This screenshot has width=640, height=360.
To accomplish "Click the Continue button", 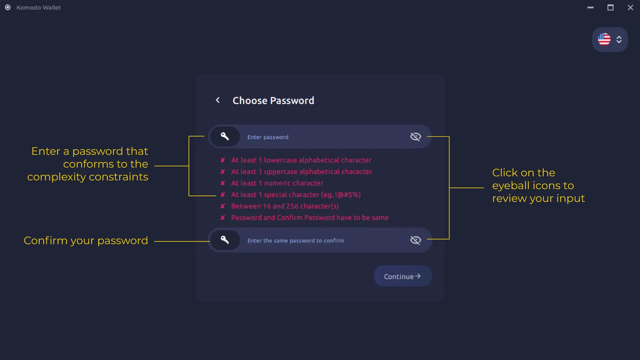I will pos(402,276).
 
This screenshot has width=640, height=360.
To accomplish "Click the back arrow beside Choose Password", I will pos(218,100).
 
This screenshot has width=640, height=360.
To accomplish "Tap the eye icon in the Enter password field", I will pos(415,137).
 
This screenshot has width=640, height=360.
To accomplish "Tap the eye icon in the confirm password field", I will pos(415,240).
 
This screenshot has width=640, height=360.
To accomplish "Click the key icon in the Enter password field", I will pos(225,136).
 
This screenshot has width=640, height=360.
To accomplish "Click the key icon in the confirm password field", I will pos(225,240).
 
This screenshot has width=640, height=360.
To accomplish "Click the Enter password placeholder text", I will pos(268,137).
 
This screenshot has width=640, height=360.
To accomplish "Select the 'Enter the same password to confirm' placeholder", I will pos(295,240).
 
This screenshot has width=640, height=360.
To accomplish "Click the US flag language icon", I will pos(604,39).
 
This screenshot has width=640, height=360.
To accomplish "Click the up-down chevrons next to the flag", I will pos(619,40).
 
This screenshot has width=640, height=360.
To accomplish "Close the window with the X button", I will pos(630,7).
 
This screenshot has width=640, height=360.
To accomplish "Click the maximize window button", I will pos(610,7).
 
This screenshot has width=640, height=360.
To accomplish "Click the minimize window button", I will pos(590,7).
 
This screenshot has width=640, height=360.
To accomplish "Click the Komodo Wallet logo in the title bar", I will pos(8,7).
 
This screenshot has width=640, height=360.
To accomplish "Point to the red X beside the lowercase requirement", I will pos(223,160).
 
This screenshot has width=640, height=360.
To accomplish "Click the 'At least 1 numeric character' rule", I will pos(277,183).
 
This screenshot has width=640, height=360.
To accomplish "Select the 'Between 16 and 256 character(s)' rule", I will pos(285,206).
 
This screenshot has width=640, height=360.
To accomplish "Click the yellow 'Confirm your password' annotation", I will pos(86,240).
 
